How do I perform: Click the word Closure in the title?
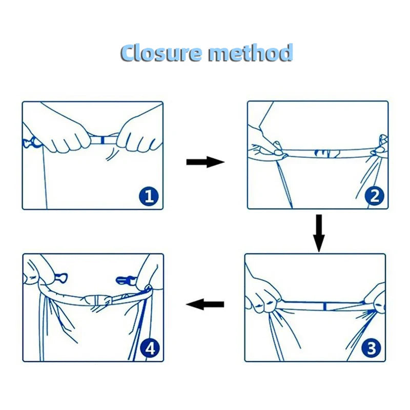click(161, 53)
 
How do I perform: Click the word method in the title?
click(251, 53)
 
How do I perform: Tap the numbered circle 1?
click(149, 196)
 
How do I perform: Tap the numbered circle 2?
click(375, 196)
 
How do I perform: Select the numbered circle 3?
click(371, 348)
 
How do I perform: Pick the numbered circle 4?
click(150, 348)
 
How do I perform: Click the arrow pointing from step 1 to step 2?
click(206, 162)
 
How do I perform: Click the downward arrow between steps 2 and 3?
click(319, 233)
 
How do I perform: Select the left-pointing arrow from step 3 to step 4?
click(205, 304)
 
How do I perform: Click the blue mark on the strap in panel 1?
click(102, 140)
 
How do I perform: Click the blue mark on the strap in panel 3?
click(324, 306)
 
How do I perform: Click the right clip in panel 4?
click(126, 280)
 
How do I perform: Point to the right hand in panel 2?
click(380, 148)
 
